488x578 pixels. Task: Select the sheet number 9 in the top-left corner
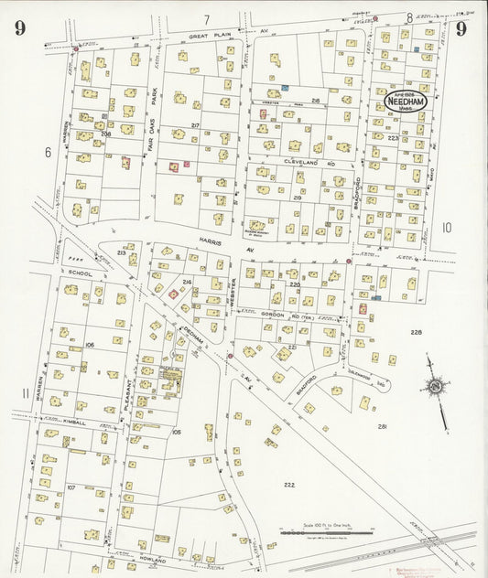point(20,27)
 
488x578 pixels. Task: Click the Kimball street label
point(73,423)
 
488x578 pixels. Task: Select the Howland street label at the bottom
point(153,560)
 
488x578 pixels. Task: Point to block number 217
point(195,125)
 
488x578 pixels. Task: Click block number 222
point(289,484)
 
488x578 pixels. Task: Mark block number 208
point(106,134)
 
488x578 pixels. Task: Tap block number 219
point(298,198)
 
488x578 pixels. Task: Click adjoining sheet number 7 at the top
point(207,19)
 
